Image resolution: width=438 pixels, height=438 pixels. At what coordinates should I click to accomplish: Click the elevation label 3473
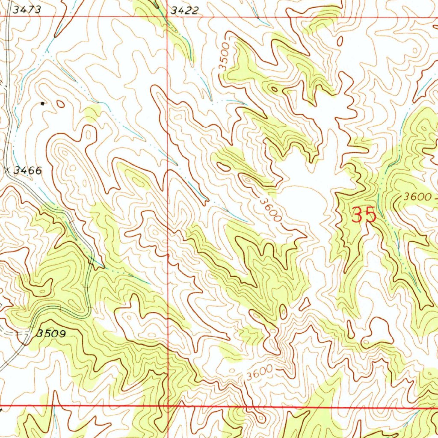[27, 10]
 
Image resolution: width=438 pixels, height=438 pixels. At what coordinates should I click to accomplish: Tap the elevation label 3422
[184, 11]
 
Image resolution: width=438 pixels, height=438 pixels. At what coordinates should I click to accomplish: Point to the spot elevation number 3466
[27, 171]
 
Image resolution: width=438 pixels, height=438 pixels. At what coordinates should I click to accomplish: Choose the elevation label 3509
[51, 334]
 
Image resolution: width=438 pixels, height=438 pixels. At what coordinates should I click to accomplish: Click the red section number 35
[364, 215]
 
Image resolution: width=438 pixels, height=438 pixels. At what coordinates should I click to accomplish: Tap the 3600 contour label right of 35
[417, 197]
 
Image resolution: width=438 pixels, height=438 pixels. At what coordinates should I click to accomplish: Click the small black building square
[42, 103]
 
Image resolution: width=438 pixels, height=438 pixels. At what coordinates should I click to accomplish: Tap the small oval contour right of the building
[60, 104]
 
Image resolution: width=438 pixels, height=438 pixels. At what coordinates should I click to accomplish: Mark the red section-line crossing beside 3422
[167, 17]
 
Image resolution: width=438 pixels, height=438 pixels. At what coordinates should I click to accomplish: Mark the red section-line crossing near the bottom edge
[168, 405]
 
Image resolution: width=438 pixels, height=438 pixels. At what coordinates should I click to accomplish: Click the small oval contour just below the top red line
[340, 41]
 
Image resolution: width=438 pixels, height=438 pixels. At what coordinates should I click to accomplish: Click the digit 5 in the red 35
[370, 215]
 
